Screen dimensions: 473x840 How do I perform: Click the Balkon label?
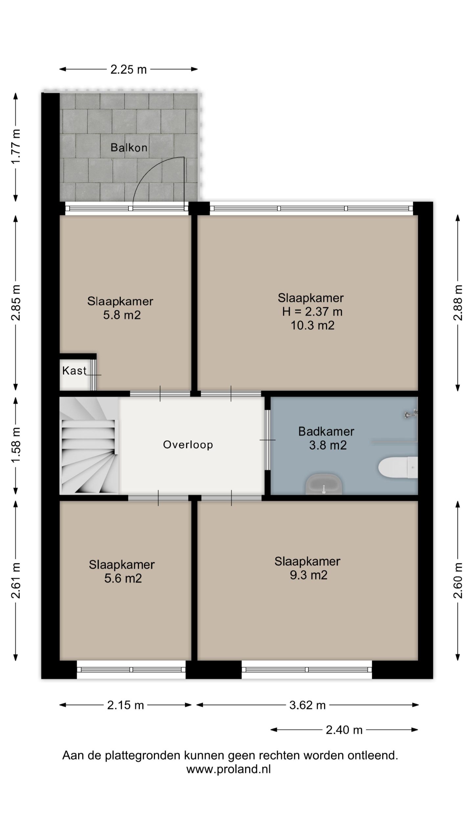coord(129,148)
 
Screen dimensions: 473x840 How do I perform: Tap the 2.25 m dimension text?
coord(128,70)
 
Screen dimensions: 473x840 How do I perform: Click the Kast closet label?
coord(74,370)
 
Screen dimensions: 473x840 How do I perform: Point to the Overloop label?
coord(188,445)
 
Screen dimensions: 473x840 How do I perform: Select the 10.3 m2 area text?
coord(312,325)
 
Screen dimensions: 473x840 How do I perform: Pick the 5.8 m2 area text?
coord(122,315)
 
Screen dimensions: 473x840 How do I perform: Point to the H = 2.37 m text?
coord(312,311)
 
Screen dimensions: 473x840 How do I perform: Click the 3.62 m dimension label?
coord(307,705)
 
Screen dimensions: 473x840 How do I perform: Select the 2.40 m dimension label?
coord(344,730)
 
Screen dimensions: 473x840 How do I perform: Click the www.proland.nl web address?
coord(229,769)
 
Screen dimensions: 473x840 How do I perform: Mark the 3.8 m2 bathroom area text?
coord(328,445)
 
